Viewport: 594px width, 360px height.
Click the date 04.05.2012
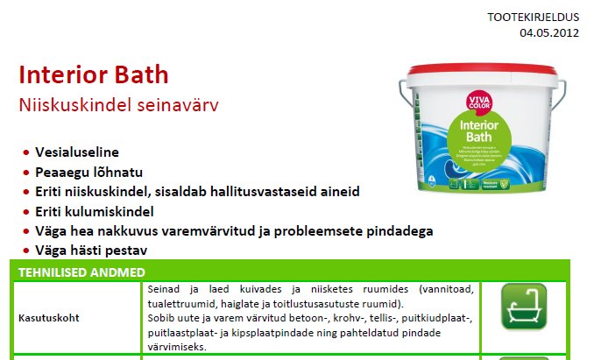click(x=549, y=34)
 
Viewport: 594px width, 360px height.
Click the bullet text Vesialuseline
click(x=76, y=152)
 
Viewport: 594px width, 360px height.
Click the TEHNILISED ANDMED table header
click(x=81, y=272)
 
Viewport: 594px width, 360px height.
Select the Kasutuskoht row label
click(x=49, y=317)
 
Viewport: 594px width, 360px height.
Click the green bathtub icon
click(x=524, y=306)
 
